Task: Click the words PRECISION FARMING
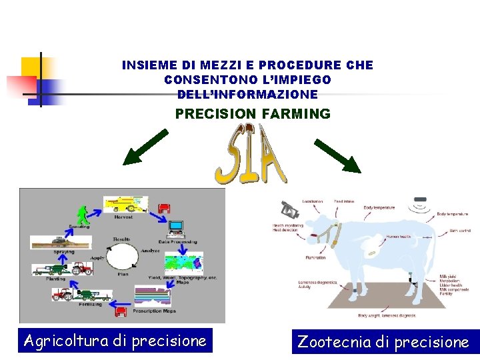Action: (x=253, y=114)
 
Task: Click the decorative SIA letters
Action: (x=250, y=156)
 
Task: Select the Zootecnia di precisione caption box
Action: (x=383, y=342)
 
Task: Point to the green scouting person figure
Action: (x=83, y=216)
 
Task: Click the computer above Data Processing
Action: (x=176, y=229)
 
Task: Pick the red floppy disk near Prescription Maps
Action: (x=121, y=310)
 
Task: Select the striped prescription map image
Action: (x=153, y=295)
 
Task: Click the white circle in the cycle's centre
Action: (x=121, y=258)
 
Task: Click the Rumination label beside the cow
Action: (x=315, y=257)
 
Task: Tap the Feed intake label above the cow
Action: (x=344, y=201)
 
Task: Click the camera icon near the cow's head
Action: (x=289, y=210)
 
